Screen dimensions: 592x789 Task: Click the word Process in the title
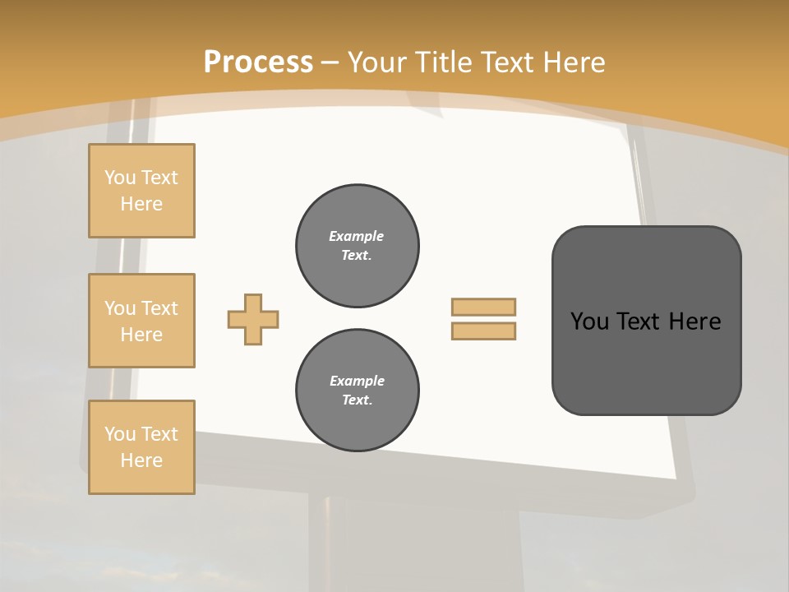[258, 62]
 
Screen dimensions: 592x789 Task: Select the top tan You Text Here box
[141, 191]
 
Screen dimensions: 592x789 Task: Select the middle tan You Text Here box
[141, 321]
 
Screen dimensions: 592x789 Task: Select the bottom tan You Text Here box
[141, 447]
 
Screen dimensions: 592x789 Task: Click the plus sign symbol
[253, 319]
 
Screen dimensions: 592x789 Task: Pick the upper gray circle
[358, 246]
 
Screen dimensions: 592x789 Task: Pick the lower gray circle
[358, 391]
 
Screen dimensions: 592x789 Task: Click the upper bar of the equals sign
[483, 307]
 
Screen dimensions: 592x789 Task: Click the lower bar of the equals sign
[483, 331]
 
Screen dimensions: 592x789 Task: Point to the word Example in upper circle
[356, 236]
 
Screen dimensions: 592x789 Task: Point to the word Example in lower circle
[357, 381]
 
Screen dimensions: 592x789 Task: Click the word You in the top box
[119, 178]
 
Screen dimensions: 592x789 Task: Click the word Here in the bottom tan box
[141, 460]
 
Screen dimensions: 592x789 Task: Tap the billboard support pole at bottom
[329, 543]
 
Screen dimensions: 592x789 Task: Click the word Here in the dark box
[694, 321]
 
